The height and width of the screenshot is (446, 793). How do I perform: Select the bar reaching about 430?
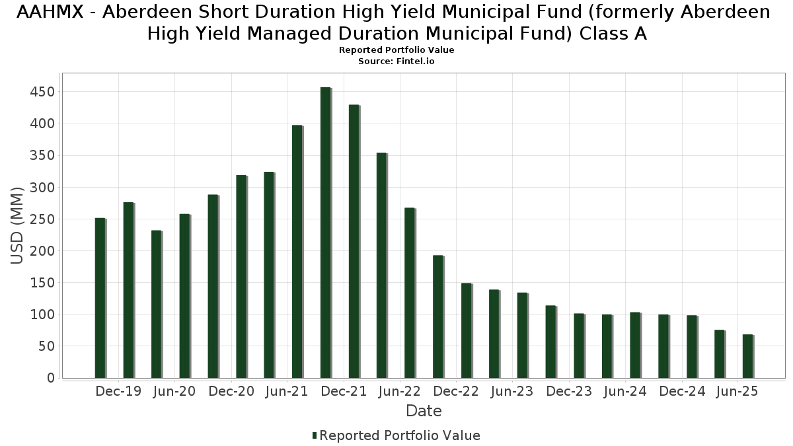tap(354, 241)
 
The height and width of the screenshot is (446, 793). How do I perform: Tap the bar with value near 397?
tap(297, 251)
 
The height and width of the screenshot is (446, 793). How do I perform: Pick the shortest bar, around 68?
tap(747, 356)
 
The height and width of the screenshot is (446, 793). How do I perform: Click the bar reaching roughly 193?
tap(437, 316)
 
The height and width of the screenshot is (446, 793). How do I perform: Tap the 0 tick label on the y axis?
tap(50, 378)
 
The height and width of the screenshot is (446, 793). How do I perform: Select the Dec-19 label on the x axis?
tap(118, 391)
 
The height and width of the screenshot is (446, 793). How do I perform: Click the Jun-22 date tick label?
tap(400, 391)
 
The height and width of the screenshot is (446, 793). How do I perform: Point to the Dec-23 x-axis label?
tap(569, 391)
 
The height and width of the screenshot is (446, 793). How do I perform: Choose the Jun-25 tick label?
tap(737, 391)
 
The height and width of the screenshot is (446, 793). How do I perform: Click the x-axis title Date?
tap(424, 411)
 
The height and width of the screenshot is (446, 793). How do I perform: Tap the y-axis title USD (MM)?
tap(18, 225)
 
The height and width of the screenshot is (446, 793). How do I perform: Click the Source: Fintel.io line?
tap(397, 61)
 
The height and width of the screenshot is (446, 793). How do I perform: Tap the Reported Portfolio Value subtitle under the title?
tap(397, 50)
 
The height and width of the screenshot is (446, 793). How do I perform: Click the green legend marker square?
tap(315, 435)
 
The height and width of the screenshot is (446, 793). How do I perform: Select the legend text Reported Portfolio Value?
tap(400, 435)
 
